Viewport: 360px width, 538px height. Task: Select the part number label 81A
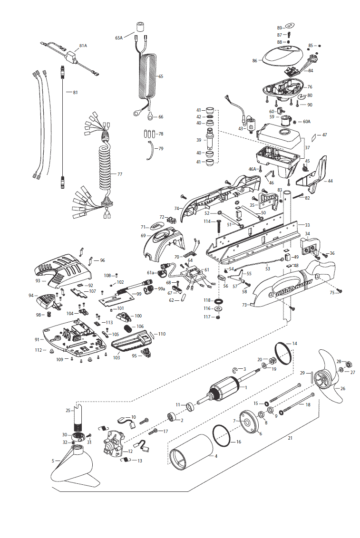(83, 46)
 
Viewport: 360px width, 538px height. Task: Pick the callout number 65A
(119, 37)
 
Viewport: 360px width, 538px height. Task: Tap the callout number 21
(290, 438)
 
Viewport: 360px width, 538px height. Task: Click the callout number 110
(162, 334)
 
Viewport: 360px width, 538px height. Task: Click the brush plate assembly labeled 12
(114, 445)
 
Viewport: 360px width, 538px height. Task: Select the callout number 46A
(252, 169)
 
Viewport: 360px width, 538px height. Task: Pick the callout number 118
(207, 300)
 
